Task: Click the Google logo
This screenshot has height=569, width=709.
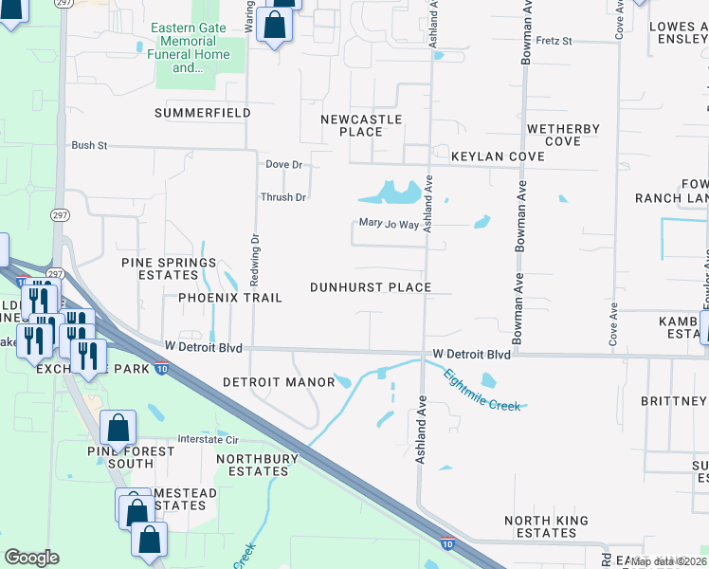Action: tap(31, 558)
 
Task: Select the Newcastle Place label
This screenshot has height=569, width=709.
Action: tap(361, 125)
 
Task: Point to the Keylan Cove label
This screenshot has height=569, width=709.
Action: tap(498, 156)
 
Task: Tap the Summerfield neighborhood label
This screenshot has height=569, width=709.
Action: tap(203, 113)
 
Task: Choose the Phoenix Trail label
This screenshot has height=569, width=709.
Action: tap(230, 298)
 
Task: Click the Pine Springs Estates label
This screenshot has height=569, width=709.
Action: tap(169, 269)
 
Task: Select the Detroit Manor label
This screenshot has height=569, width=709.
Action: tap(279, 382)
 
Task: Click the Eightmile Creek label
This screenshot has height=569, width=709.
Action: tap(482, 389)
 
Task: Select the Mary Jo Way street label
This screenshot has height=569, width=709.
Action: tap(389, 225)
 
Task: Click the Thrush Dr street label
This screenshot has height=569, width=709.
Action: tap(283, 197)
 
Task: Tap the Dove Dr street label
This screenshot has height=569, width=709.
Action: tap(283, 164)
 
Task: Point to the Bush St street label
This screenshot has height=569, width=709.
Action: tap(90, 146)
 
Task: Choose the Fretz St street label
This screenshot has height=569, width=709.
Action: tap(554, 41)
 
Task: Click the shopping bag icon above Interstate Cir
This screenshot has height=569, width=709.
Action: tap(118, 428)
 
